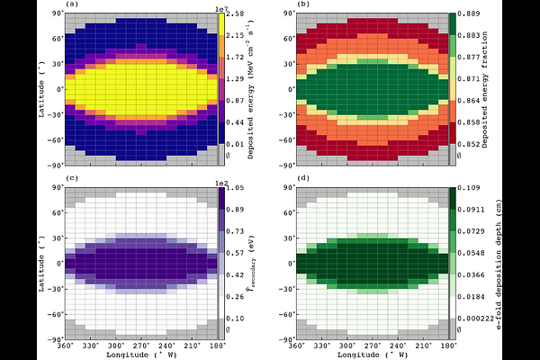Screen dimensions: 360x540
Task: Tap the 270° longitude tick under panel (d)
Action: click(x=374, y=346)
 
